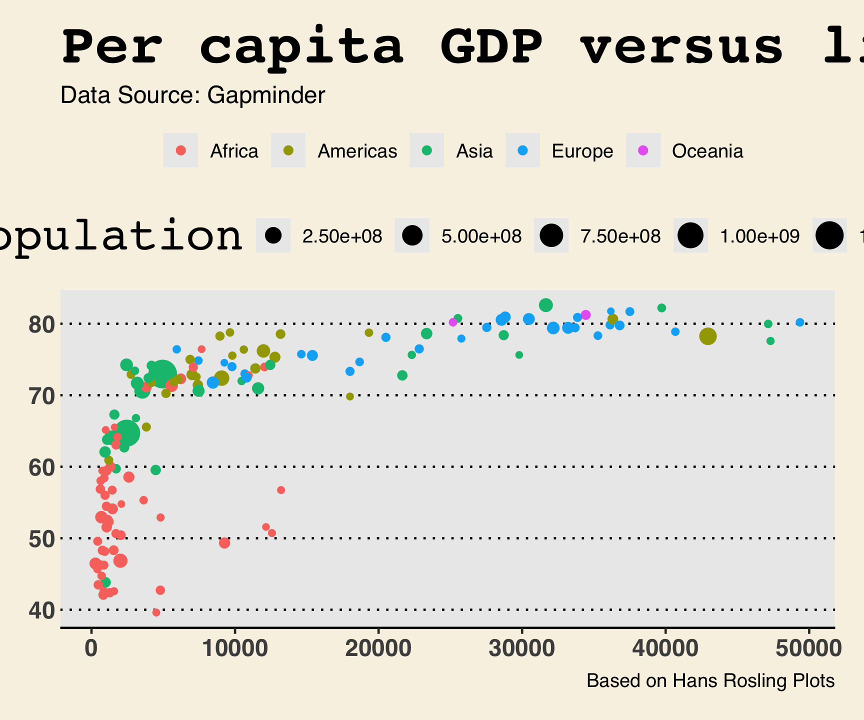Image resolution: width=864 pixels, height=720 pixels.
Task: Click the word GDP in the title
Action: pos(491,46)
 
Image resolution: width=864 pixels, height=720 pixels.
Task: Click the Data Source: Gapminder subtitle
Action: pos(192,95)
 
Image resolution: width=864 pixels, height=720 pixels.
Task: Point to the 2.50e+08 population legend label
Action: pos(342,236)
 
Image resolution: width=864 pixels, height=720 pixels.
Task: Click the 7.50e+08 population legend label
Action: pos(620,236)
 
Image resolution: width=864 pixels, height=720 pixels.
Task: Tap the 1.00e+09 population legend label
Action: pos(759,236)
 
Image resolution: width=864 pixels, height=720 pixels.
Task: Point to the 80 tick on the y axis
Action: pos(41,324)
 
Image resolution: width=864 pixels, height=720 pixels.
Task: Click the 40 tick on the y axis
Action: pos(41,610)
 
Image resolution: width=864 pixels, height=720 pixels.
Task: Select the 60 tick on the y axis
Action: pos(41,467)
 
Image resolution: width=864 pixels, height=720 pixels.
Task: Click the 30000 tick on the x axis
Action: pos(521,648)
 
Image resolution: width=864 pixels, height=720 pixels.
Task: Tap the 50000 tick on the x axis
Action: pos(808,648)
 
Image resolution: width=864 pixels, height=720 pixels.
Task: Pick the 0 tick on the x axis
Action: pos(91,648)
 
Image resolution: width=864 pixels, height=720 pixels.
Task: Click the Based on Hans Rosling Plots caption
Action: pos(710,681)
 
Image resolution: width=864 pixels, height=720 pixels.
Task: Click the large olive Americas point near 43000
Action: pos(707,336)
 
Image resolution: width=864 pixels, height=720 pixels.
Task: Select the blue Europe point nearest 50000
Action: pos(799,322)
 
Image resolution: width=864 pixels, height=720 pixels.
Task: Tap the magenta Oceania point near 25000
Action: pos(453,322)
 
